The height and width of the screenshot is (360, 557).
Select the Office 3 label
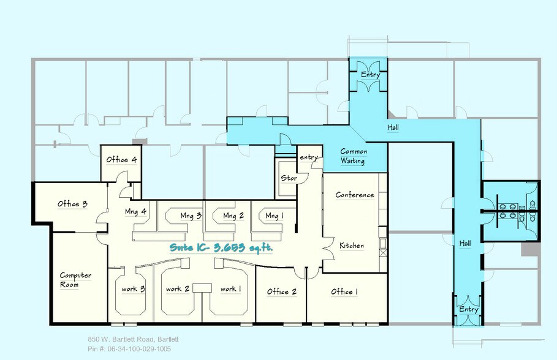point(73,204)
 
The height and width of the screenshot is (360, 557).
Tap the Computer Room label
point(75,280)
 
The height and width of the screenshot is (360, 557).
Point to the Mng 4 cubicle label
point(136,212)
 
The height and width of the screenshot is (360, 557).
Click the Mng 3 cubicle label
point(191,216)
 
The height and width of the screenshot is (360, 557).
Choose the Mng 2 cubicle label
point(233,216)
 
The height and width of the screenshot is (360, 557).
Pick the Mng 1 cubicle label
point(275,216)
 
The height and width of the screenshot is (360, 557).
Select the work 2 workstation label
point(178,289)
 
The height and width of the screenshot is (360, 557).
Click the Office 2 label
point(281,291)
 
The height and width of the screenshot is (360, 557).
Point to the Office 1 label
point(344,291)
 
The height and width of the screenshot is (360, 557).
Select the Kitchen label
point(352,246)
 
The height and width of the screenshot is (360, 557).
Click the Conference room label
point(354,195)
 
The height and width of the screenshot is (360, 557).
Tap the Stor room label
point(289,178)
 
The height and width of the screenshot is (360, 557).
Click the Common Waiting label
point(353,156)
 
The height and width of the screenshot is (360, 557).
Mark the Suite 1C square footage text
point(221,249)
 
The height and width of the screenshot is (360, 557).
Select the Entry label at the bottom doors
point(469,310)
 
